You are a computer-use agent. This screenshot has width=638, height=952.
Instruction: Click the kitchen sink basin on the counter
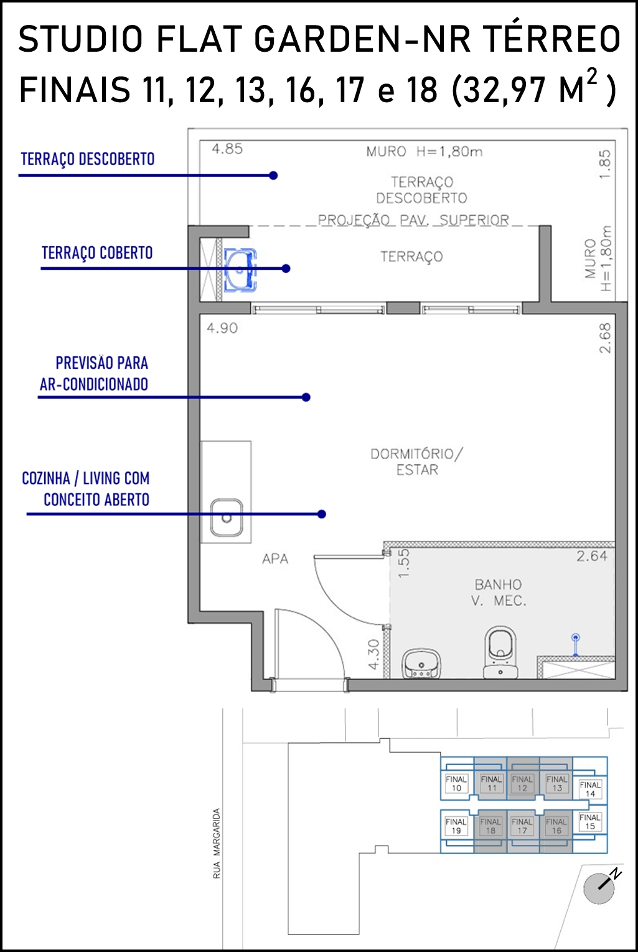tap(227, 517)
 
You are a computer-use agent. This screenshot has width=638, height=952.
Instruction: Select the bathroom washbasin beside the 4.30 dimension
tap(421, 663)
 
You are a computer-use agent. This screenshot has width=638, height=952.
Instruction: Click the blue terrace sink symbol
tap(240, 270)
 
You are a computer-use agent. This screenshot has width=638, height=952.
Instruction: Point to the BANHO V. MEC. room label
tap(499, 593)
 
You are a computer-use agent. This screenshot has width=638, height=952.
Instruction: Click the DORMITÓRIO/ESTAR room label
tap(417, 462)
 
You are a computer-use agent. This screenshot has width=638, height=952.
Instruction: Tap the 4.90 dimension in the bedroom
tap(222, 328)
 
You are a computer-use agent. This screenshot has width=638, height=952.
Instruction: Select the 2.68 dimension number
tap(605, 338)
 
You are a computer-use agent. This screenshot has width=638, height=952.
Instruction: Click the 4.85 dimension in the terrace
tap(227, 149)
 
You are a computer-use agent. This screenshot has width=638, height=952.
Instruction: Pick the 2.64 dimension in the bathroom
tap(592, 556)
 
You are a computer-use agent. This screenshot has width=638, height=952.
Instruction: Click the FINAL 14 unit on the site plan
tap(590, 789)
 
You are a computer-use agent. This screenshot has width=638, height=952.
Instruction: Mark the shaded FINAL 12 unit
tap(522, 783)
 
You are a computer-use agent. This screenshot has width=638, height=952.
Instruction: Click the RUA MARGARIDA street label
tap(217, 844)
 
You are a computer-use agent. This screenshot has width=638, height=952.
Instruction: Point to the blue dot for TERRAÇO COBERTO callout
tap(286, 269)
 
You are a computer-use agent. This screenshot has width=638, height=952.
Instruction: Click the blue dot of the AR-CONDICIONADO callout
tap(306, 397)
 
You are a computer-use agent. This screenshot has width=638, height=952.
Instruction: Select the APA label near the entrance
tap(275, 559)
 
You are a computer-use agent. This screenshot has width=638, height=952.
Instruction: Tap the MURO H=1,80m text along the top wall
tap(425, 151)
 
